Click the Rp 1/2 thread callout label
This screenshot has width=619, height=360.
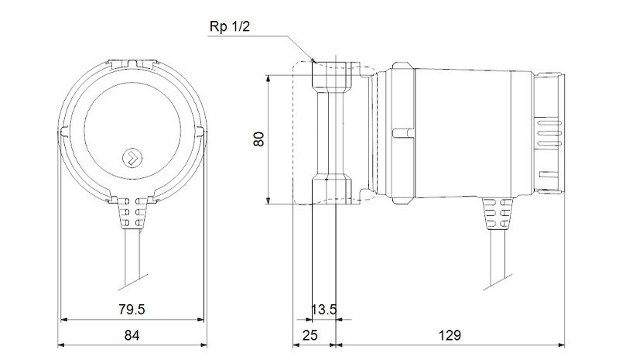click(x=231, y=27)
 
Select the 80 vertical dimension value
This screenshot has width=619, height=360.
click(x=259, y=139)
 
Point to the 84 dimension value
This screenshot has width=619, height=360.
click(x=132, y=335)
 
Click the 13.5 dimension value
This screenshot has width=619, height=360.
click(x=324, y=310)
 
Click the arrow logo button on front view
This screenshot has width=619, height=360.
click(x=132, y=157)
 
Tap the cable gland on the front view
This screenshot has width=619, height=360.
click(x=132, y=213)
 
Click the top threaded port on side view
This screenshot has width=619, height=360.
click(x=330, y=74)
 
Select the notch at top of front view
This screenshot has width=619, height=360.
click(x=132, y=60)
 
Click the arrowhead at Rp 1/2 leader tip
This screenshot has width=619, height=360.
click(x=313, y=60)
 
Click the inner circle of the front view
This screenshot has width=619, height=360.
click(x=132, y=132)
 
